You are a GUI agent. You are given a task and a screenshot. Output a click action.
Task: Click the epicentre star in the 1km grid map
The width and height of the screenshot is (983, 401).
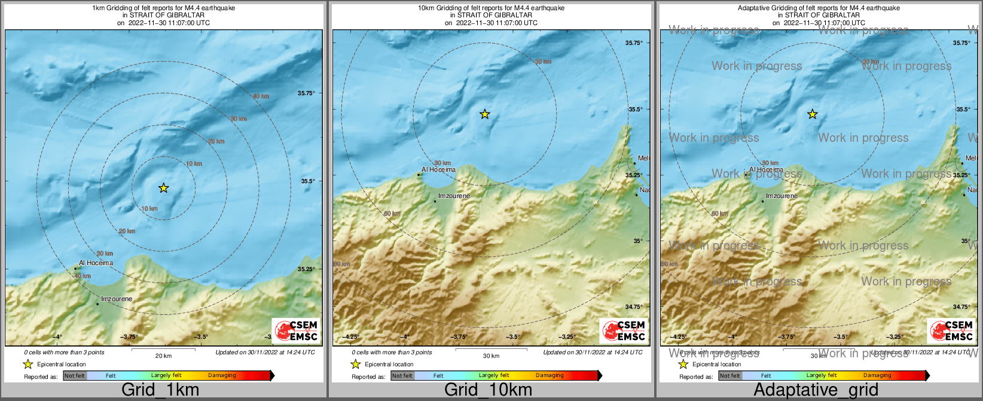164,188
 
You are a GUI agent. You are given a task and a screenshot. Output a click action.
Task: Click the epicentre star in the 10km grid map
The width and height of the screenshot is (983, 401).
485,114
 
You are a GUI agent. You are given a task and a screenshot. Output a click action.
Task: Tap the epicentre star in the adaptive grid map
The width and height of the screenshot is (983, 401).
813,114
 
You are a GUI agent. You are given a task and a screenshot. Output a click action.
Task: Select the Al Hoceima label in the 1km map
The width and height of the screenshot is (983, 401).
96,263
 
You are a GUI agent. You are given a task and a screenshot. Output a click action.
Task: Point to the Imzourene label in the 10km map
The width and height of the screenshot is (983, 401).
454,196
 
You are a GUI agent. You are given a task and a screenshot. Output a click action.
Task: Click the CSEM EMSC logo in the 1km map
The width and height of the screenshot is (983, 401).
296,330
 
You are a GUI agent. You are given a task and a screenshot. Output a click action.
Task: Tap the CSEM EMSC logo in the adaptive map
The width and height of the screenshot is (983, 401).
951,330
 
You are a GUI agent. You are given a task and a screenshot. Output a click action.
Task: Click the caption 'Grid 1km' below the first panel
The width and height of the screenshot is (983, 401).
160,390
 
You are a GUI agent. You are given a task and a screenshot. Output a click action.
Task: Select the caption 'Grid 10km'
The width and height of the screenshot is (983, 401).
488,390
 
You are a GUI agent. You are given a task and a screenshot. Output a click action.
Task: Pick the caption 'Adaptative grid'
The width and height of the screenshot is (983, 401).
816,390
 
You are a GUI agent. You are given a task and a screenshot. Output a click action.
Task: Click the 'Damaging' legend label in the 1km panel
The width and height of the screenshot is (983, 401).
222,376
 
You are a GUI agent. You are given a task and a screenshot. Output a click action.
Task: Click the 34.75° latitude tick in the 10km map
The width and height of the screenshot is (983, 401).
634,306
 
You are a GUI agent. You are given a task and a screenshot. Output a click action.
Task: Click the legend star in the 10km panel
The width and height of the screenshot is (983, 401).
355,364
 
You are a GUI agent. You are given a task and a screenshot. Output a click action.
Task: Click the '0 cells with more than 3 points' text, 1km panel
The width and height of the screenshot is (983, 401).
64,353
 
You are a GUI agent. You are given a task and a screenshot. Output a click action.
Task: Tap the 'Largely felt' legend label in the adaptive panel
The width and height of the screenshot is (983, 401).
822,376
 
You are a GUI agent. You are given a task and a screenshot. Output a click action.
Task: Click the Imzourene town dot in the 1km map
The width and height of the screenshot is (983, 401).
97,304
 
